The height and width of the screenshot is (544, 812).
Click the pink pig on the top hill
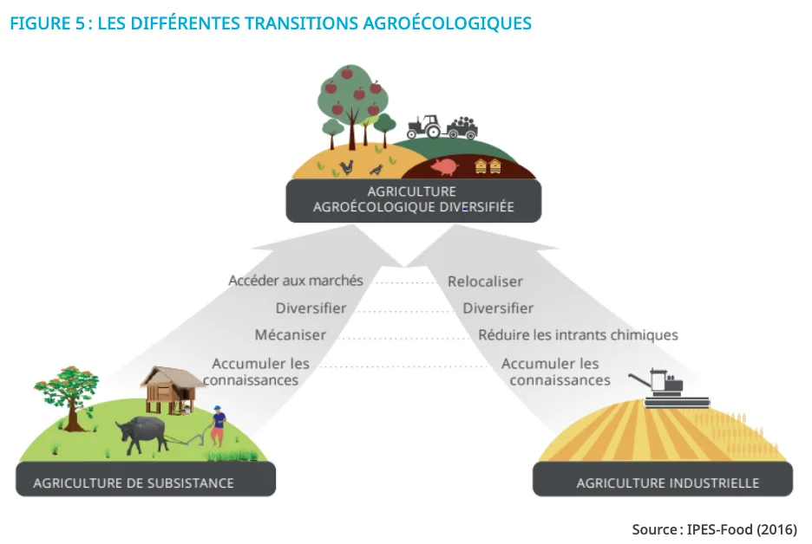click(444, 166)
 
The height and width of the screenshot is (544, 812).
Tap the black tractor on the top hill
click(424, 126)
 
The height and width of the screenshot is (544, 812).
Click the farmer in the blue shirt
click(218, 425)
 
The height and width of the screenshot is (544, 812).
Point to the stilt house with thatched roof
click(171, 390)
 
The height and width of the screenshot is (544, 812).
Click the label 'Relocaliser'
click(485, 282)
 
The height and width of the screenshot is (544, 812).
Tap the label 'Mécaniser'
click(290, 334)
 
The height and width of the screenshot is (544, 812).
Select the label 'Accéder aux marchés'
click(296, 281)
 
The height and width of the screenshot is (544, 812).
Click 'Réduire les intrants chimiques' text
click(578, 335)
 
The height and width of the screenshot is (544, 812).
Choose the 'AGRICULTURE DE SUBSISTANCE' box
click(146, 479)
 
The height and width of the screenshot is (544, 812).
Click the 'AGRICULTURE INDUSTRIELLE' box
click(663, 479)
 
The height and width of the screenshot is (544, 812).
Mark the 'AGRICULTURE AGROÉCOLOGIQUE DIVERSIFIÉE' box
click(414, 201)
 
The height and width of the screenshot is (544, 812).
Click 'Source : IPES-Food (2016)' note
click(714, 529)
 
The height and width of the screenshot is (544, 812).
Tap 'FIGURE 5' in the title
click(47, 23)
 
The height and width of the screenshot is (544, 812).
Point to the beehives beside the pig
click(488, 165)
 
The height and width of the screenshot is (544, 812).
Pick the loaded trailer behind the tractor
click(462, 127)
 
